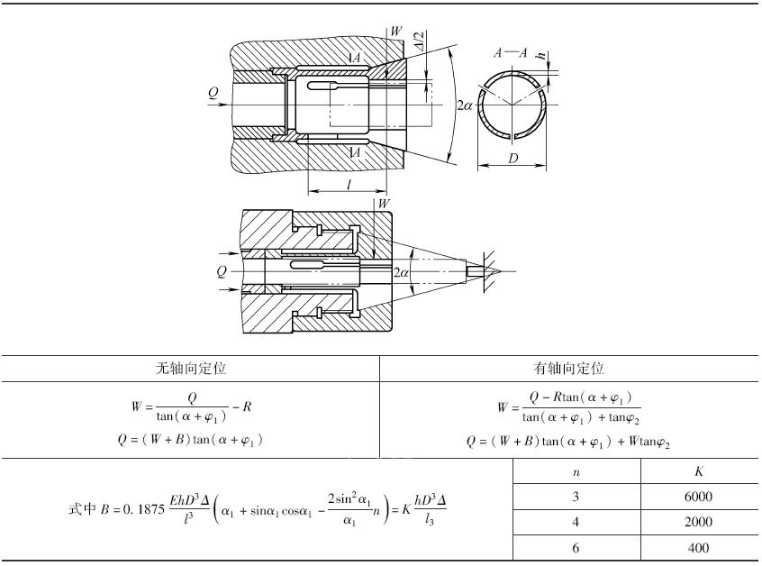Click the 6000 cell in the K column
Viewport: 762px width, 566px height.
[698, 497]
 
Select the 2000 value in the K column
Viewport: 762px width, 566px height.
[698, 522]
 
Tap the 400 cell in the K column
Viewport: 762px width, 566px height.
[698, 548]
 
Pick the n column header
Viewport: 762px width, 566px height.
[576, 472]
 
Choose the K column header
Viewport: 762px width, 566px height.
[699, 471]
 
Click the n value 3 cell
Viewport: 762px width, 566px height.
[576, 497]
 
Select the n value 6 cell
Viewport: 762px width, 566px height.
[576, 548]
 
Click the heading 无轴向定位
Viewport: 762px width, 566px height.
[191, 368]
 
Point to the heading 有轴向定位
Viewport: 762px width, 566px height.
[568, 368]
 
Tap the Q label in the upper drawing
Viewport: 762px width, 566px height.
[213, 93]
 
